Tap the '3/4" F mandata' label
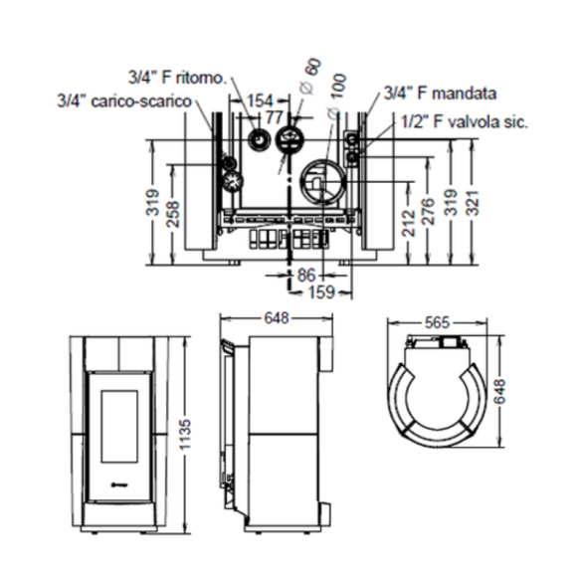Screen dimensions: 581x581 pyautogui.click(x=443, y=96)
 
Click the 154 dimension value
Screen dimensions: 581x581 pyautogui.click(x=260, y=99)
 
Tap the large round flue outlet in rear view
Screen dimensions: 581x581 pyautogui.click(x=322, y=179)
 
